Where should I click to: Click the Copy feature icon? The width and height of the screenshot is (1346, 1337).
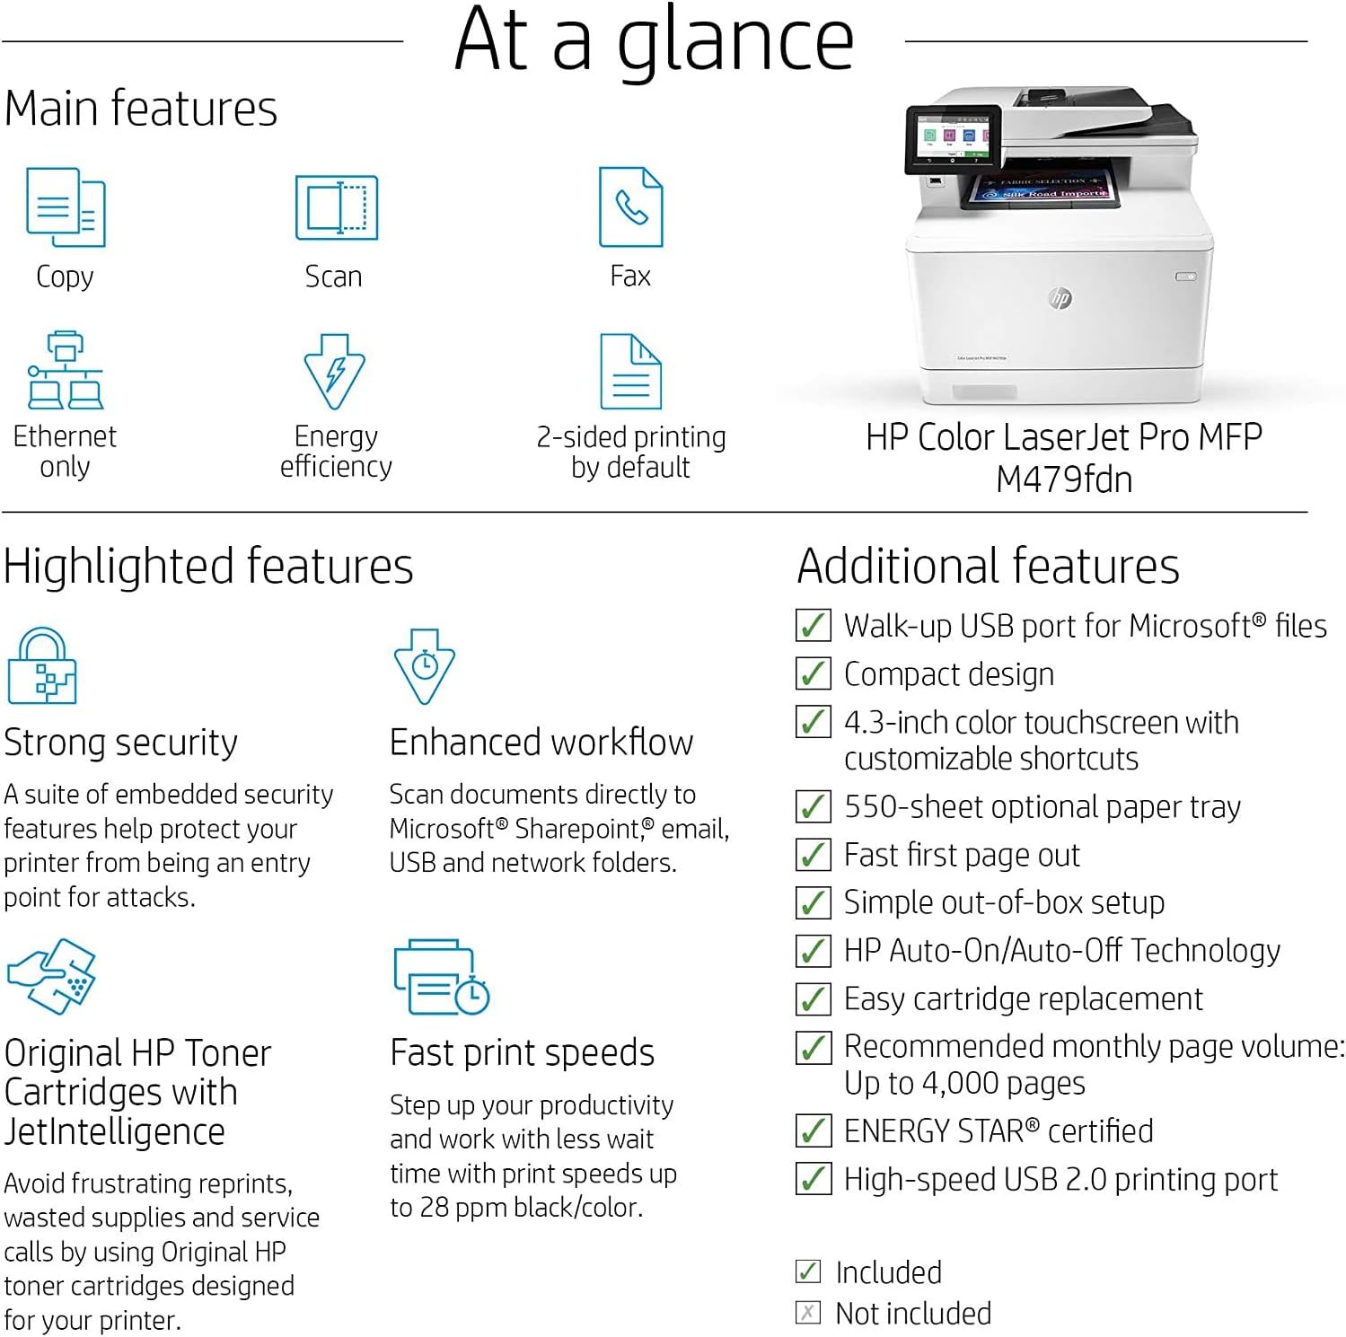click(66, 207)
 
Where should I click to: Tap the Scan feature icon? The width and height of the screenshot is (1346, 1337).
click(337, 207)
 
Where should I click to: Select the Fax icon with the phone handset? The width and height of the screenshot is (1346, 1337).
click(631, 207)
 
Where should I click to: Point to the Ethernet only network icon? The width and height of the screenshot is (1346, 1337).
click(65, 370)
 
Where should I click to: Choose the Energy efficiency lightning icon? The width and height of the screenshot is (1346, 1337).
click(334, 372)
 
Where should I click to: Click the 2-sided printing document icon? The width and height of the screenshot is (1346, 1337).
click(630, 372)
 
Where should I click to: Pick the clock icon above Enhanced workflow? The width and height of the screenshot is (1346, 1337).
click(425, 666)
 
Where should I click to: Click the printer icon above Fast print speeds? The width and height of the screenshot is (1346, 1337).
click(441, 977)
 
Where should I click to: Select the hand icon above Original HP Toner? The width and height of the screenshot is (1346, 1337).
click(51, 976)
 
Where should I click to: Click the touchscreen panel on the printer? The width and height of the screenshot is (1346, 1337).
click(953, 139)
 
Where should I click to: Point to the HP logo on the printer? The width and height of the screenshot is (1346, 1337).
click(1060, 298)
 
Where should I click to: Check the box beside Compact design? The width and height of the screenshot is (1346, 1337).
click(813, 673)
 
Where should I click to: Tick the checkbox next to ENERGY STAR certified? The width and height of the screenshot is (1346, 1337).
click(813, 1130)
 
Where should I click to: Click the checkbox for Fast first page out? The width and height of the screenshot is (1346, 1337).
click(813, 854)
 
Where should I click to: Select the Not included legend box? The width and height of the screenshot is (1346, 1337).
click(807, 1313)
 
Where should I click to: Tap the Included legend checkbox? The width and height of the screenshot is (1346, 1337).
click(807, 1271)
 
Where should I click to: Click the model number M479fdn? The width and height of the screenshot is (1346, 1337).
click(1064, 479)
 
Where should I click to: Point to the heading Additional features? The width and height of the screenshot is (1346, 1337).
click(988, 567)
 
